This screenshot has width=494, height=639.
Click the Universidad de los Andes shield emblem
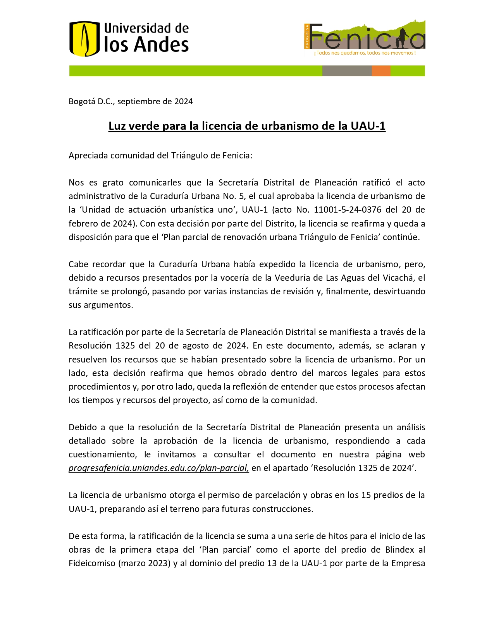(84, 39)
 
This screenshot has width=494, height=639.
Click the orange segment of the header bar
(381, 71)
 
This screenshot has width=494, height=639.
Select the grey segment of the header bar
(347, 71)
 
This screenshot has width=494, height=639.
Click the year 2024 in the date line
(183, 101)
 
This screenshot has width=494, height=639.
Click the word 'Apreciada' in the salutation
(88, 156)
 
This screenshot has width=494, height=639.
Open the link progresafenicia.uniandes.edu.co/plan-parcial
(158, 468)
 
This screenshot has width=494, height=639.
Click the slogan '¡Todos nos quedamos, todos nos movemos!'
(365, 53)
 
